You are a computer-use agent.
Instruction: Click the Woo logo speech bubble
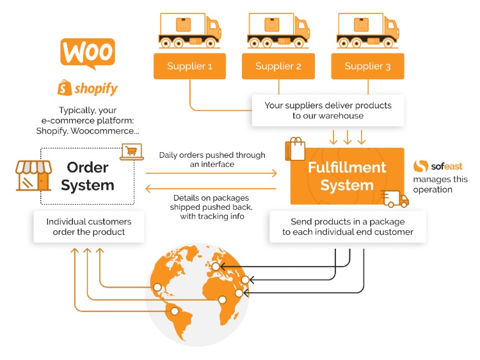[x=88, y=52]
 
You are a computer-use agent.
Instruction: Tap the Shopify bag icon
[x=64, y=86]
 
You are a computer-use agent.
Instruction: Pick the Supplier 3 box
[x=367, y=67]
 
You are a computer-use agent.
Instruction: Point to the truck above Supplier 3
[x=367, y=29]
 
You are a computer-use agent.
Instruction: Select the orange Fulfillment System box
[x=347, y=176]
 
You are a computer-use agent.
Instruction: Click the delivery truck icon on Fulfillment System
[x=394, y=199]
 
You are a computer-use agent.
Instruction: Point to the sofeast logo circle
[x=420, y=166]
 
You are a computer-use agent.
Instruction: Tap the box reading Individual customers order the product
[x=89, y=227]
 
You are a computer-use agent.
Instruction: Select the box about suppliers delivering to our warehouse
[x=328, y=110]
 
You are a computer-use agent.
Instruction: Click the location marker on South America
[x=173, y=311]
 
